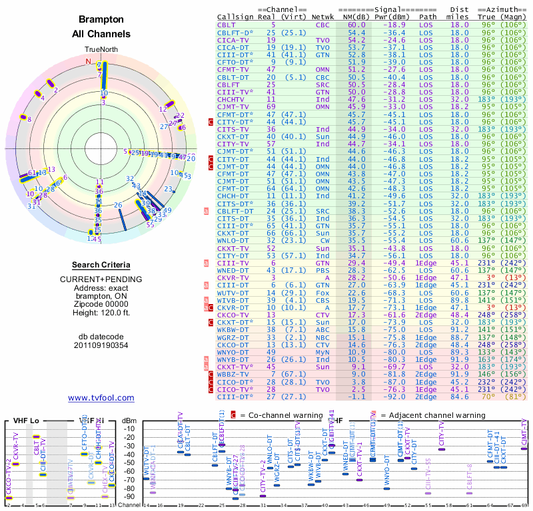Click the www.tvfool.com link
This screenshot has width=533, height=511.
click(101, 398)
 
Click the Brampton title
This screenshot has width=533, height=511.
click(101, 20)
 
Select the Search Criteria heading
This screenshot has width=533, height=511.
click(101, 265)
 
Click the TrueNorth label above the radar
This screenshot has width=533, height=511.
click(101, 50)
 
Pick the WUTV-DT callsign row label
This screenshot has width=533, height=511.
click(235, 292)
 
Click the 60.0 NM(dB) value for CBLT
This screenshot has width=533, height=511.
click(356, 25)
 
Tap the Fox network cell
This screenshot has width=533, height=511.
click(323, 292)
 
